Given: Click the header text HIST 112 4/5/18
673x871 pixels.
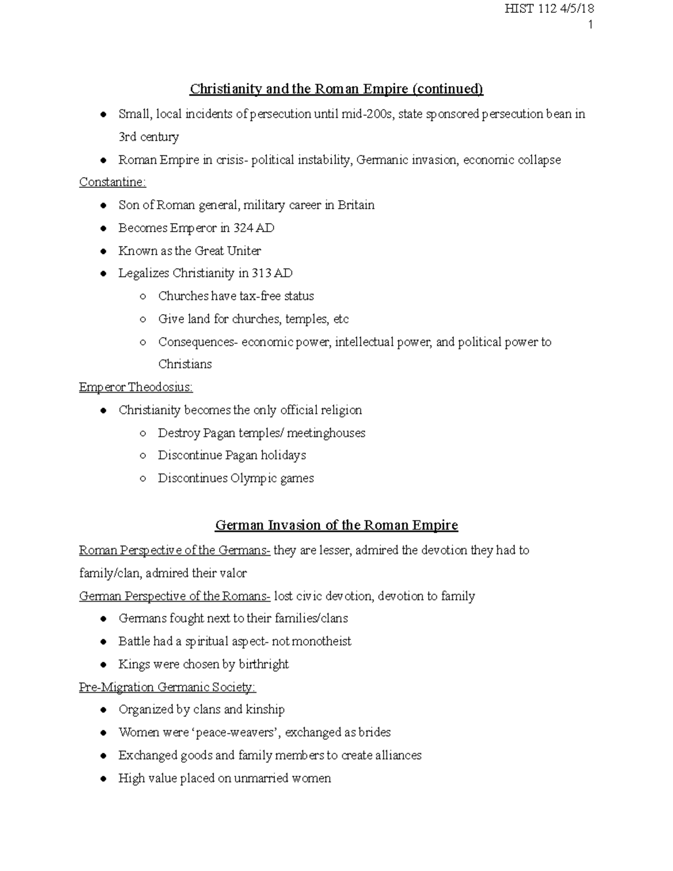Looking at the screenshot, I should (549, 8).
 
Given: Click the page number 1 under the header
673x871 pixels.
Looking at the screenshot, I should (591, 25).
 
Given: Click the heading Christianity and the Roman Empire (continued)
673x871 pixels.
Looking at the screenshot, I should (336, 89).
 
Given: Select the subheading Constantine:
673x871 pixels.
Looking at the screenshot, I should (112, 182).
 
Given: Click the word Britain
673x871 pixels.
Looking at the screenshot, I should (356, 205).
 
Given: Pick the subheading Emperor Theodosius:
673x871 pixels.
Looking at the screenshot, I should (136, 388).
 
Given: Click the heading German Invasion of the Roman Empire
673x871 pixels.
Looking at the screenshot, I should (336, 526).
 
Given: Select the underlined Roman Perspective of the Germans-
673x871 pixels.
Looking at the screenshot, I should (174, 551).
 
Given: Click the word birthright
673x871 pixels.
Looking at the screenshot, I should (264, 665).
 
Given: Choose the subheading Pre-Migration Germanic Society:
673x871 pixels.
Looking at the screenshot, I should (167, 688).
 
